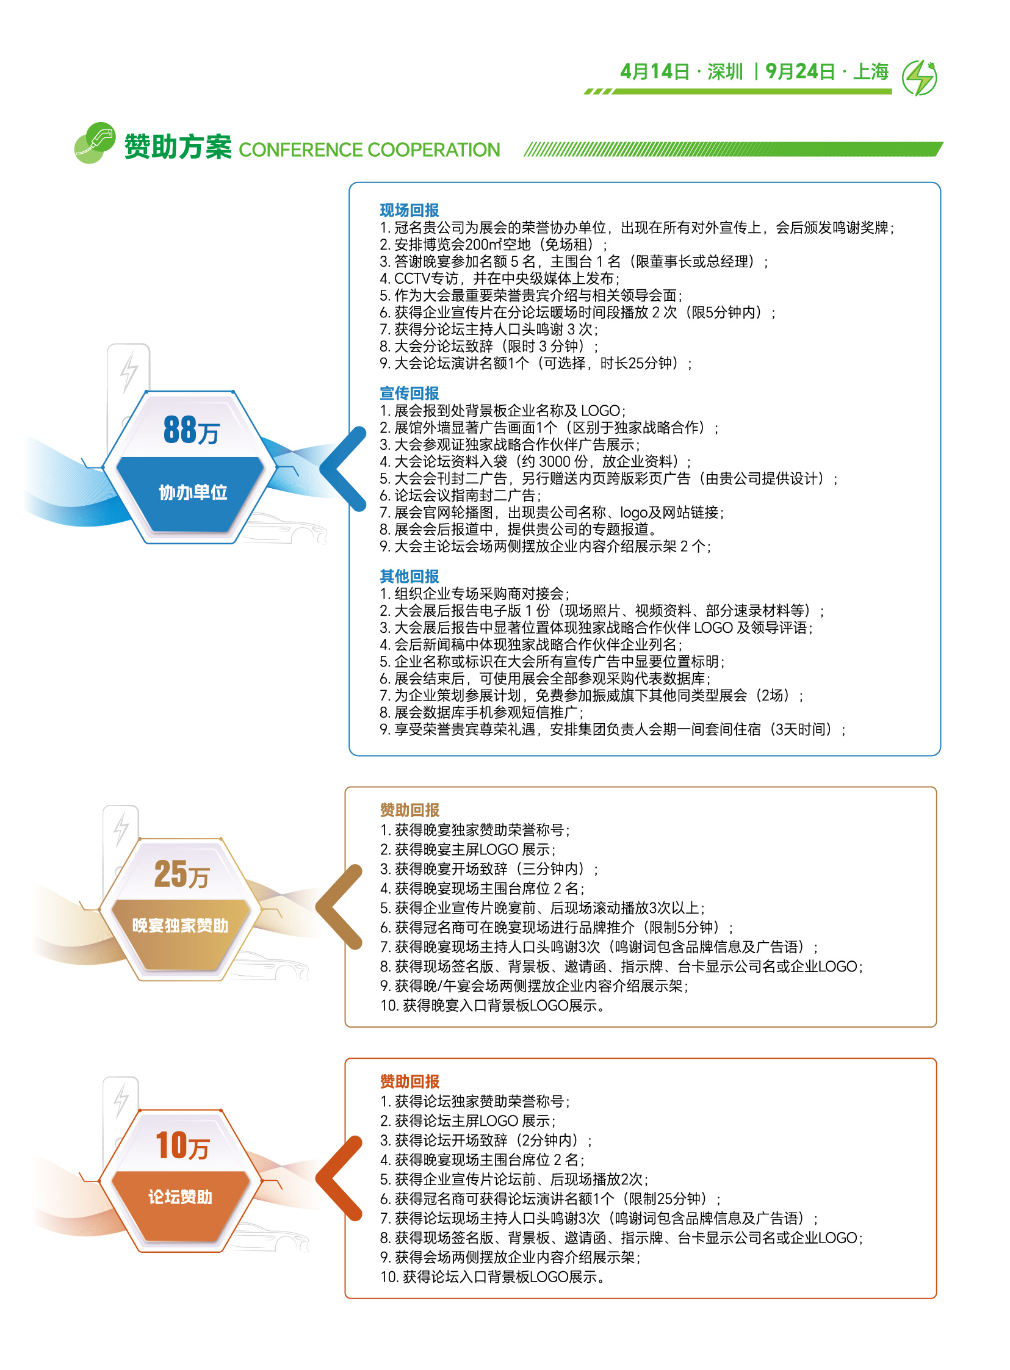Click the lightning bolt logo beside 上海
[x=920, y=78]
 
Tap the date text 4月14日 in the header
[x=654, y=71]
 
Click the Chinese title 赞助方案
[x=178, y=146]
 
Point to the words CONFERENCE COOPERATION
[x=369, y=150]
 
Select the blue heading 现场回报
[x=409, y=211]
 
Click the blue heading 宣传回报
[x=409, y=393]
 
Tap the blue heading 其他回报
[x=409, y=576]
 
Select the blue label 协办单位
[x=193, y=492]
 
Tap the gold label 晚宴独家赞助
[x=181, y=926]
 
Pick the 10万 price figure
[x=182, y=1145]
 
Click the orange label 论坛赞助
[x=181, y=1197]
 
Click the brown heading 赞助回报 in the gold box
[x=409, y=810]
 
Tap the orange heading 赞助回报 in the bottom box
[x=409, y=1081]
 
